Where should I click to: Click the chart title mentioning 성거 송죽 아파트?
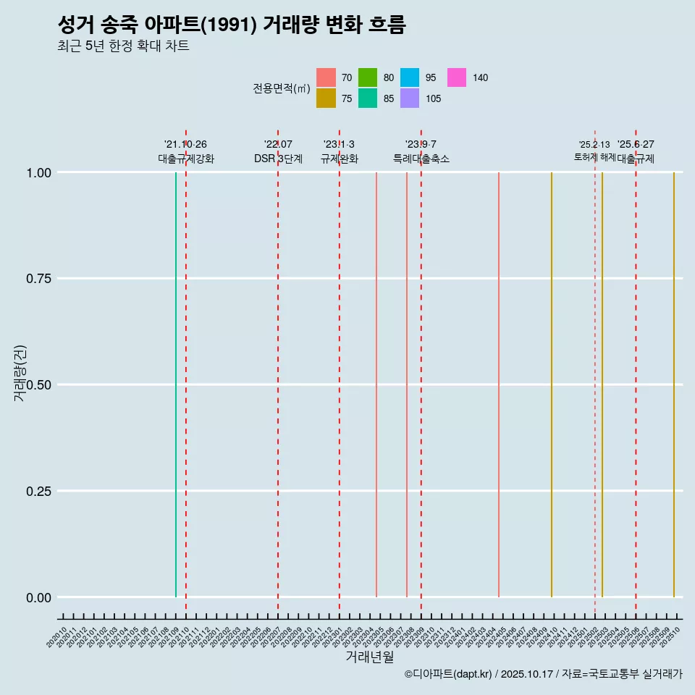click(231, 25)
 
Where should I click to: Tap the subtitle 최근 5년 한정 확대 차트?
click(123, 46)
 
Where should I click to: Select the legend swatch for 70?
click(326, 77)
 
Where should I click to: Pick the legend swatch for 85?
click(368, 98)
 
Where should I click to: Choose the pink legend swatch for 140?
click(456, 77)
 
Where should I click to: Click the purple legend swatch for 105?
click(410, 98)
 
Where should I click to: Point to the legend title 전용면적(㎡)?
click(282, 88)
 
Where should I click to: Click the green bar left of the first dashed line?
click(176, 384)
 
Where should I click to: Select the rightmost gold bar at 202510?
click(674, 384)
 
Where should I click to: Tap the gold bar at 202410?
click(552, 384)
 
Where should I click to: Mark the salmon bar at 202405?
click(499, 384)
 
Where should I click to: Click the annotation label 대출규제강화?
click(186, 159)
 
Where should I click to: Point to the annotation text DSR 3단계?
click(278, 159)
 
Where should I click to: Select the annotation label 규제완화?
click(339, 159)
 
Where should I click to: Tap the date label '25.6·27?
click(636, 144)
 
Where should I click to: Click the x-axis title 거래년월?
click(369, 657)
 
